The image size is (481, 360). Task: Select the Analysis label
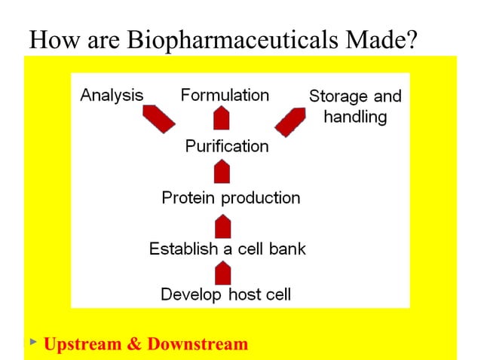click(x=112, y=96)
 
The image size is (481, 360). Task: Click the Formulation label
click(x=225, y=96)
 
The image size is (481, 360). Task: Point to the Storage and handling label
click(x=355, y=107)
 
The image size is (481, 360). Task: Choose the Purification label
click(x=226, y=146)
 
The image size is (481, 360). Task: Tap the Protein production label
click(x=231, y=198)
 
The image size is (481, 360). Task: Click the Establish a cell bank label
click(x=227, y=249)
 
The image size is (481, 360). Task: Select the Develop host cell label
click(x=225, y=294)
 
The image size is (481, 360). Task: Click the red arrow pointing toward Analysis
click(x=158, y=119)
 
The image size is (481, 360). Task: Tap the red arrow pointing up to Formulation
click(x=222, y=118)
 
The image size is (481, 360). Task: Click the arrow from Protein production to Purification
click(x=222, y=172)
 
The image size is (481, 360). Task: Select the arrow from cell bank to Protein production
click(x=222, y=224)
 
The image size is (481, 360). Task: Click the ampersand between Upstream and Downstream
click(x=134, y=344)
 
